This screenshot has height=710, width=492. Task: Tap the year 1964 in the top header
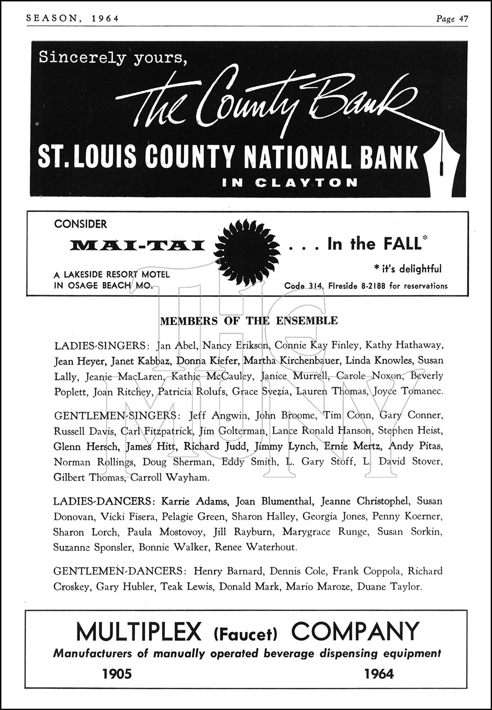(x=105, y=19)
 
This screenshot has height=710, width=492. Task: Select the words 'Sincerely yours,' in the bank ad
(x=113, y=59)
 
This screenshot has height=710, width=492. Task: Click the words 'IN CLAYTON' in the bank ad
(x=290, y=183)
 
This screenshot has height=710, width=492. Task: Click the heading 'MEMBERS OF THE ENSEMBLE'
(x=249, y=321)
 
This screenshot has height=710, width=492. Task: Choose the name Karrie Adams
(x=195, y=501)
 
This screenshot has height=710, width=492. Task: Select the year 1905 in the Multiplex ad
(x=117, y=674)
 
